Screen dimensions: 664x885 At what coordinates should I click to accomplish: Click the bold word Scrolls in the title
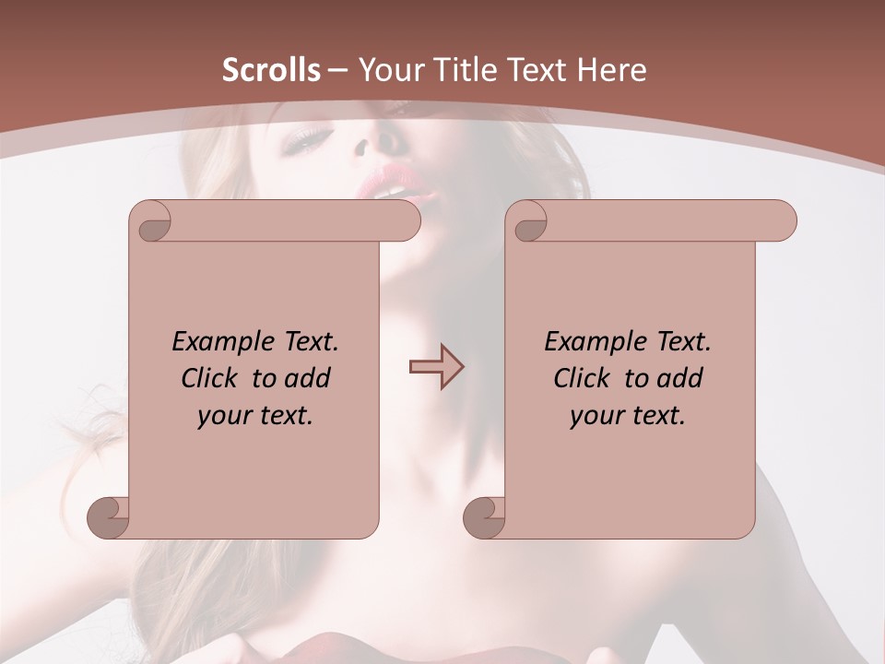[271, 70]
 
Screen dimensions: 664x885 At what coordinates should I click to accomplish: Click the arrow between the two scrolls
[436, 367]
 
